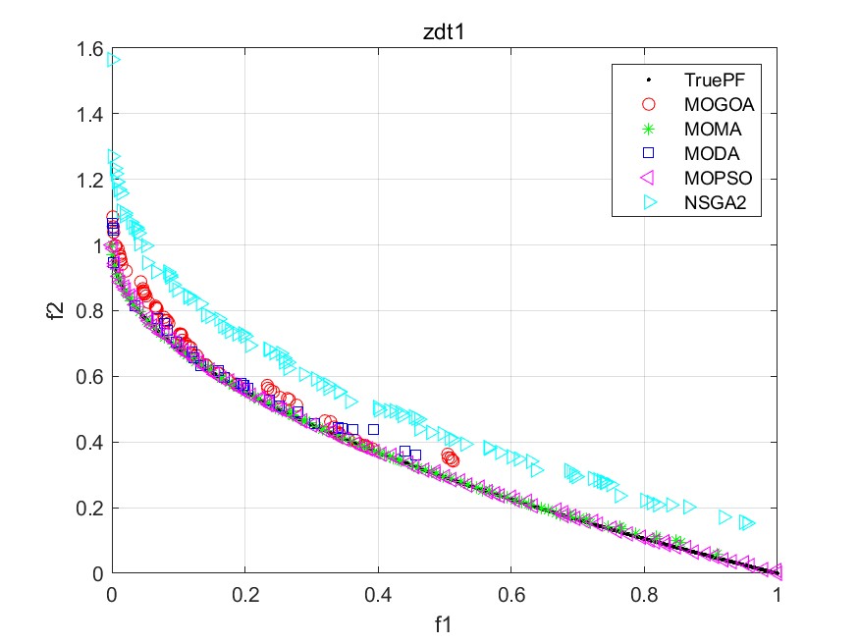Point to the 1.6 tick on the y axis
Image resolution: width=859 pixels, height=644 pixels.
point(93,48)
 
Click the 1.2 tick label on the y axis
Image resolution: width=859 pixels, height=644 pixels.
point(93,180)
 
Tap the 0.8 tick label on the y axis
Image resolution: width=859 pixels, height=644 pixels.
point(93,311)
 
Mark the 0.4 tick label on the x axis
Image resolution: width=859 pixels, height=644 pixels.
point(378,595)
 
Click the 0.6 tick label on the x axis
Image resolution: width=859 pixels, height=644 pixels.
point(511,595)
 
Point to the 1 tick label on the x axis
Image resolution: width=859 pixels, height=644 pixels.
point(778,595)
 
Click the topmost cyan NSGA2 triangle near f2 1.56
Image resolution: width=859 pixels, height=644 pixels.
point(114,60)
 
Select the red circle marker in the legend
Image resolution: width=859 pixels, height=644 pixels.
point(647,103)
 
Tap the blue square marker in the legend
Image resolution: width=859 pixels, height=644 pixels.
point(647,154)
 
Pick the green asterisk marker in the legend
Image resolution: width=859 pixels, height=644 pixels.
point(647,129)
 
